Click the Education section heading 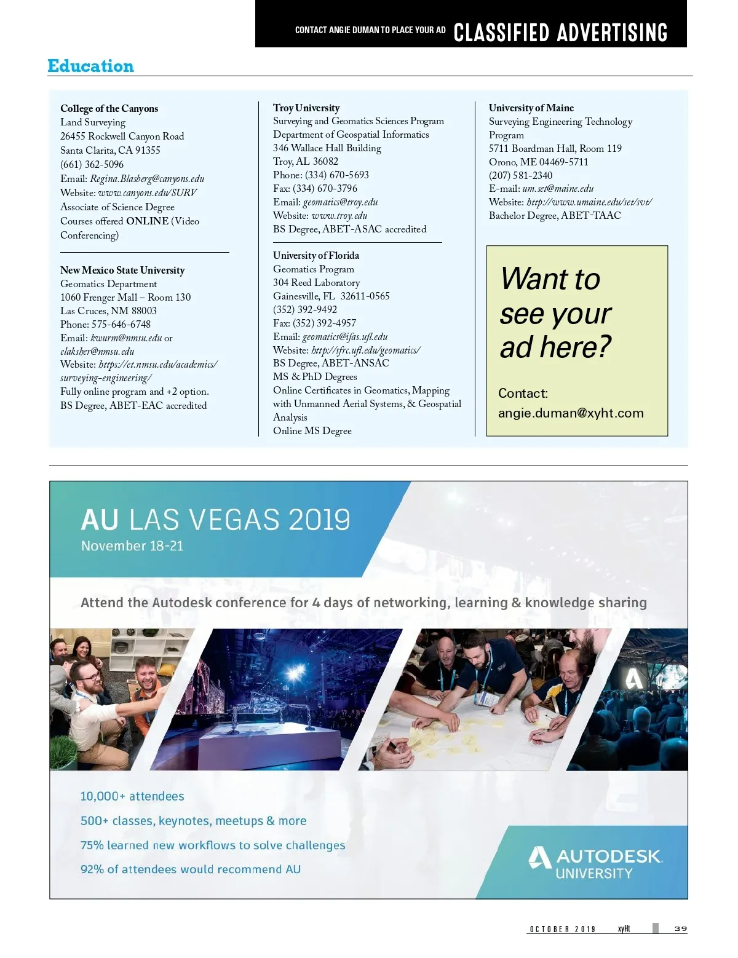click(90, 66)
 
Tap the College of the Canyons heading click(109, 109)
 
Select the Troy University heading click(306, 108)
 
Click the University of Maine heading click(531, 108)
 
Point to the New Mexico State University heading click(122, 270)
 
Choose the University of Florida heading click(316, 255)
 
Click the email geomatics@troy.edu click(340, 202)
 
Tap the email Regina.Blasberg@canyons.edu click(147, 179)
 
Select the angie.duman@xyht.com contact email click(571, 413)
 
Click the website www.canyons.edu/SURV click(148, 193)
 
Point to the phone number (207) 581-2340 click(520, 175)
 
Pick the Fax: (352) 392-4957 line click(314, 323)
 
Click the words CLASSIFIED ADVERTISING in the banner click(560, 33)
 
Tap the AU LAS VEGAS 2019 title click(215, 520)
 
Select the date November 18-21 click(132, 546)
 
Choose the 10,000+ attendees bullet click(132, 796)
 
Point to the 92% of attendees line click(191, 869)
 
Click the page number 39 click(680, 928)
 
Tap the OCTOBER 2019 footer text click(562, 929)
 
